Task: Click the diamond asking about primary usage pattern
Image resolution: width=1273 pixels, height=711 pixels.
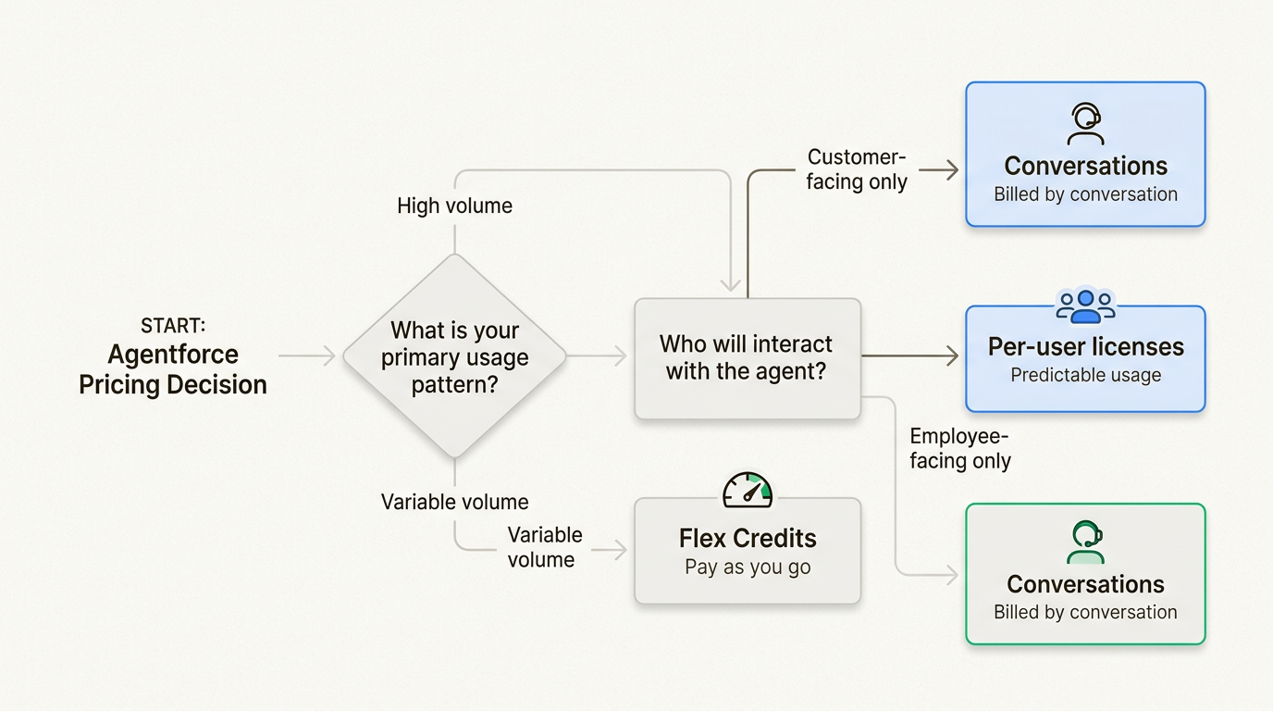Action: pos(454,356)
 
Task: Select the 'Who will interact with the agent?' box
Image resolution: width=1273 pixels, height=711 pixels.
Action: pos(747,357)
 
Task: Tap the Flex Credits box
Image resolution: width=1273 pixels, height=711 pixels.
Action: pos(748,551)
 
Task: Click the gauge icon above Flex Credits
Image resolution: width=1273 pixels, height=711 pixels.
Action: pos(748,490)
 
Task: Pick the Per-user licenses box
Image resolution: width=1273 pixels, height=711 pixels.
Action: pos(1085,359)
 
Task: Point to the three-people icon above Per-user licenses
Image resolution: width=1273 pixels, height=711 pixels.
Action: pos(1085,306)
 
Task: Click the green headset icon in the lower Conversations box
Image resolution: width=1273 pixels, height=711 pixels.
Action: pos(1085,543)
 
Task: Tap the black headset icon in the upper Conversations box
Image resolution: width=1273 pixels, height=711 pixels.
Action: pos(1085,124)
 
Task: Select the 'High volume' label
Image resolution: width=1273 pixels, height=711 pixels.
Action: pos(454,206)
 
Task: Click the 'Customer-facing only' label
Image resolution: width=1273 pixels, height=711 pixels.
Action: pos(857,169)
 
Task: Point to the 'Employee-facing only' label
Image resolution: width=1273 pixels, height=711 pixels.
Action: pos(960,448)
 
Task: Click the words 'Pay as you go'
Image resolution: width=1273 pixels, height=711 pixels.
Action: pos(748,568)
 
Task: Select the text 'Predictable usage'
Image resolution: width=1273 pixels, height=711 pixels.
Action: pos(1085,375)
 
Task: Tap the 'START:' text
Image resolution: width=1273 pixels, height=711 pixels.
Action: pos(173,326)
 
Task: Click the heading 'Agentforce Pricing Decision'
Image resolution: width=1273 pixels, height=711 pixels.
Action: pos(173,369)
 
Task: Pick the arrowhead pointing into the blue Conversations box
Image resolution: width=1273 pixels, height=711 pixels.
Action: pos(953,170)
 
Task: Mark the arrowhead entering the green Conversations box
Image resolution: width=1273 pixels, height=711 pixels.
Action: pos(953,575)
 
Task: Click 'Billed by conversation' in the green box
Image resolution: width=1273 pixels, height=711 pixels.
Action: pos(1085,612)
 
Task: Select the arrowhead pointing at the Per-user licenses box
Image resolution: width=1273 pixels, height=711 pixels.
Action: pos(953,355)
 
